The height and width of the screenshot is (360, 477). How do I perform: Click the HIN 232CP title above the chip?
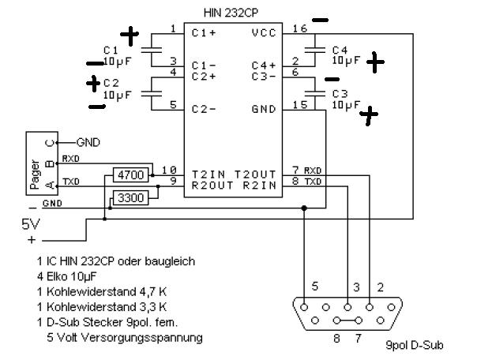[x=231, y=13]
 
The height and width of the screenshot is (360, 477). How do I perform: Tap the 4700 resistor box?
[x=131, y=175]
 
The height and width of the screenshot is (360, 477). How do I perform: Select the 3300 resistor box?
[x=131, y=198]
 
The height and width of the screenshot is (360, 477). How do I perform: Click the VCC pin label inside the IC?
[x=264, y=32]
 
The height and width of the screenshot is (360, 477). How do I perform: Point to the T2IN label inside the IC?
[x=208, y=174]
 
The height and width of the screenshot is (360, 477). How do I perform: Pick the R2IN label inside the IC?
[x=260, y=186]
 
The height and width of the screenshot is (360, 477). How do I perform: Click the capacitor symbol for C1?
[x=151, y=51]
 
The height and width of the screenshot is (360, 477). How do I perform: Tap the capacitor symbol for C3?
[x=315, y=93]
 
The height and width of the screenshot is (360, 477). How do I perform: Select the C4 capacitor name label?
[x=340, y=50]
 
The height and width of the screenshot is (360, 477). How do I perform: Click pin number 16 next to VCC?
[x=300, y=28]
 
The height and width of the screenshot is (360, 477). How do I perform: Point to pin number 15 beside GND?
[x=300, y=105]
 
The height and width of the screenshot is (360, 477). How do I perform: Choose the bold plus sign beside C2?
[x=93, y=84]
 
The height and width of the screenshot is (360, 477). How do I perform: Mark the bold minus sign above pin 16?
[x=321, y=21]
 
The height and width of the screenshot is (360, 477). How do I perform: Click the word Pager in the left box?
[x=35, y=174]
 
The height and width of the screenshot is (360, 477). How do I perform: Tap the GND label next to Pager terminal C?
[x=88, y=142]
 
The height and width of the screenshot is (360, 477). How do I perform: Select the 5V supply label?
[x=31, y=224]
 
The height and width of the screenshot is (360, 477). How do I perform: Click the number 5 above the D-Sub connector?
[x=315, y=286]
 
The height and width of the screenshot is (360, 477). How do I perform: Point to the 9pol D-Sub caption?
[x=415, y=345]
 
